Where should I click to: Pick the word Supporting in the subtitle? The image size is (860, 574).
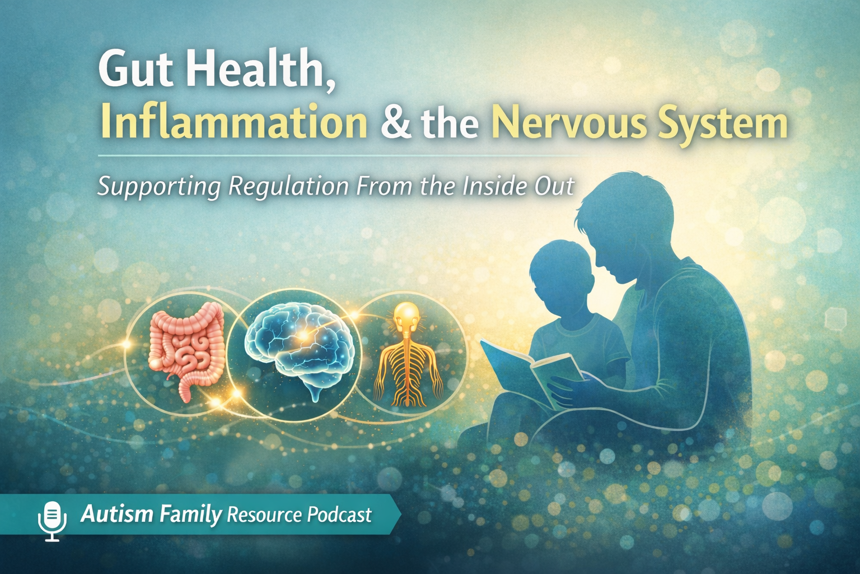point(159,186)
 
